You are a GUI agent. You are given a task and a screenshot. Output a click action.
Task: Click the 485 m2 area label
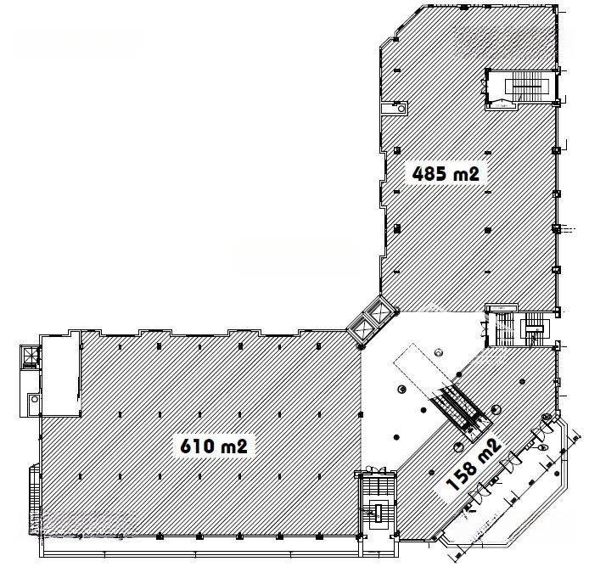click(x=446, y=174)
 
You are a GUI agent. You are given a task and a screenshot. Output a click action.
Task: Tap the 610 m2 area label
click(x=214, y=446)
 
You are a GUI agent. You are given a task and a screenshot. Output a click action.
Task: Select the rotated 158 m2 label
click(x=474, y=464)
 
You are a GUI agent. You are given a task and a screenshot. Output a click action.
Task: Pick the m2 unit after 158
click(x=490, y=449)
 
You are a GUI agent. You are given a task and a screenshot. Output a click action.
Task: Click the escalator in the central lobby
click(x=460, y=411)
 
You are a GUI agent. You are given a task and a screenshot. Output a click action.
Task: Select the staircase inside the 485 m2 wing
click(x=527, y=87)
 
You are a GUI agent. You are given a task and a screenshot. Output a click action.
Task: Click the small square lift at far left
click(x=31, y=354)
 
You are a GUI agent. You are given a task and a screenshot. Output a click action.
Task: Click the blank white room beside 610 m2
click(x=61, y=374)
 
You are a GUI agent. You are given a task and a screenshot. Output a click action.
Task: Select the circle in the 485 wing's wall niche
click(x=401, y=109)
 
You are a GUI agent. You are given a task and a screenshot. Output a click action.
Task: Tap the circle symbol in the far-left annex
click(x=35, y=399)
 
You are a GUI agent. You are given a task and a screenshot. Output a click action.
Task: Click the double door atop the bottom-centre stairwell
click(x=376, y=469)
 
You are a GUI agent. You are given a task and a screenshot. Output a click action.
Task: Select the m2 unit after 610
click(x=234, y=446)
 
